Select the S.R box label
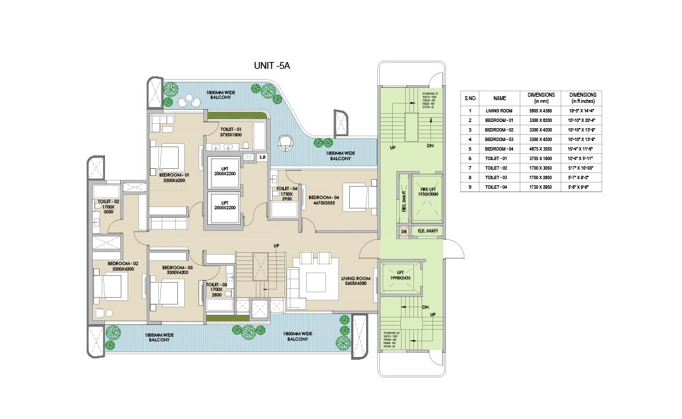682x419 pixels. pos(261,157)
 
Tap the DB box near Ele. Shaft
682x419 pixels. pos(404,232)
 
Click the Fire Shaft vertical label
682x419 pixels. pos(404,202)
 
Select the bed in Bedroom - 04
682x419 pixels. pos(357,197)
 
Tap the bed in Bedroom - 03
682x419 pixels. pos(166,293)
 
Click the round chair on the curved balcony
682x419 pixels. pos(284,144)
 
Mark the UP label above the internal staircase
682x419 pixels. pos(276,246)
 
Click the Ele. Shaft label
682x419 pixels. pos(427,232)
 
